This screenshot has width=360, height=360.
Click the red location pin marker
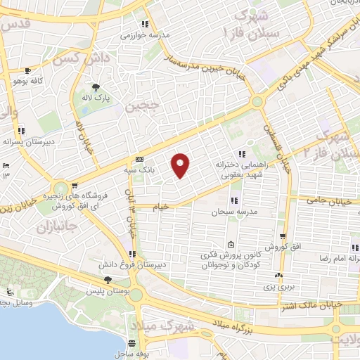(x=181, y=165)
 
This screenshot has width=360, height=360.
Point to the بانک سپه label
(x=140, y=169)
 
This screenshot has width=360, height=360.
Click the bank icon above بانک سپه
(x=140, y=159)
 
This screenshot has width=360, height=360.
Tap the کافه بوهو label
(x=27, y=82)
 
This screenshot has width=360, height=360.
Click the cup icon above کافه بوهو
(x=27, y=71)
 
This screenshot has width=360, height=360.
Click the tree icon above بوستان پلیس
(x=107, y=280)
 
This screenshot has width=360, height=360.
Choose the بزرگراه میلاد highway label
(x=234, y=326)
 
